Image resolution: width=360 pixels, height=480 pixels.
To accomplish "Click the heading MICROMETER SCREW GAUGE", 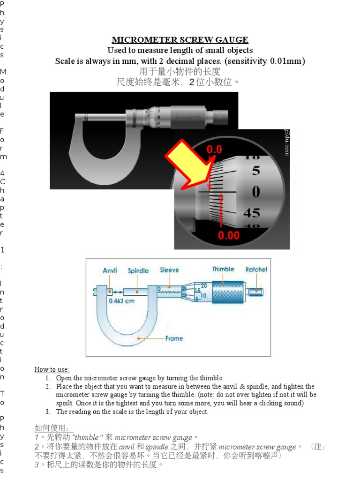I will tap(180, 40).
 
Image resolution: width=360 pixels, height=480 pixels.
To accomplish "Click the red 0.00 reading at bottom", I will tap(228, 235).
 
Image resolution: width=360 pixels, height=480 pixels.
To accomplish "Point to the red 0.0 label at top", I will tap(215, 150).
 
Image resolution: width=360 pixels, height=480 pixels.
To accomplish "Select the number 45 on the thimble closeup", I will tap(251, 213).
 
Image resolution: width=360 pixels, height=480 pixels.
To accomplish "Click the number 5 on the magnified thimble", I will tap(256, 171).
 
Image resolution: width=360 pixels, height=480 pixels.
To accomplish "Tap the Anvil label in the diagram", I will tap(110, 271).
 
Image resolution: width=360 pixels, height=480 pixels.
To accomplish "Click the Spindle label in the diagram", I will tap(138, 271).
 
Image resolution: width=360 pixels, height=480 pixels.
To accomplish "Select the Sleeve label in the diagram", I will tap(170, 270).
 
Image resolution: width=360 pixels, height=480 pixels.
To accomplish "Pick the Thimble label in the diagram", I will tap(223, 269).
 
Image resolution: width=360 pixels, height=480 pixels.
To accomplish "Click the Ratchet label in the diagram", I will tap(256, 270).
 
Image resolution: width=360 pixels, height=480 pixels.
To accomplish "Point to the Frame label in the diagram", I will tap(174, 338).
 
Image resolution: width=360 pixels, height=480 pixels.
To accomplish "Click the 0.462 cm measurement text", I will tap(121, 301).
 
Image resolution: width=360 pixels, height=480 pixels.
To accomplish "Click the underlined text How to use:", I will tap(52, 370).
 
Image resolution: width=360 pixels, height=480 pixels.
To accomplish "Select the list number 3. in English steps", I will tap(48, 412).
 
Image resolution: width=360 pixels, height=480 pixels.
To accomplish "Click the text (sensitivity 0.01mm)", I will tap(266, 61).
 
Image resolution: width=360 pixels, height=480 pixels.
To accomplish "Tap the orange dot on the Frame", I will tap(138, 337).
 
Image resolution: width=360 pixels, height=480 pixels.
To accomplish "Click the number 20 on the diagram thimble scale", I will tap(204, 285).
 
